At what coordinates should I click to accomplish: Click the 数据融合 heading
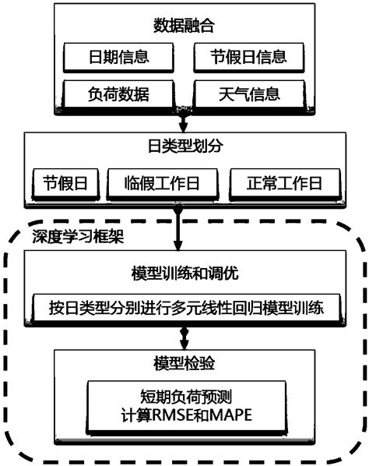[184, 26]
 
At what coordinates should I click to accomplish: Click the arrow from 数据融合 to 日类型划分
[184, 121]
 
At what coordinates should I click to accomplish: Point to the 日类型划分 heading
[184, 147]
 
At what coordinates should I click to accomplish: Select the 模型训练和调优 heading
[184, 277]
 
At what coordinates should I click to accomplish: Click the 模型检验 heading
[184, 364]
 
